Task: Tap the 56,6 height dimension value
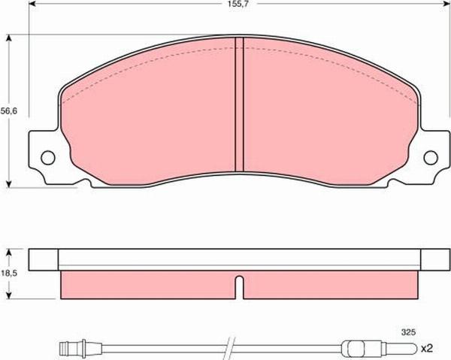(x=8, y=110)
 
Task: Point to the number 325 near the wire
(x=409, y=331)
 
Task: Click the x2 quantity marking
(x=427, y=348)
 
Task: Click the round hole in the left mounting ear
(x=47, y=159)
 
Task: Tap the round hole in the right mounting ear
(x=431, y=158)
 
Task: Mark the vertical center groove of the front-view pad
(x=240, y=105)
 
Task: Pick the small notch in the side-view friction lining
(x=239, y=286)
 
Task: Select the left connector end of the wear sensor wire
(x=72, y=347)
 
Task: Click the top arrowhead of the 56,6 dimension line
(x=9, y=36)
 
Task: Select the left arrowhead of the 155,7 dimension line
(x=32, y=14)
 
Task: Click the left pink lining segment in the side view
(x=147, y=284)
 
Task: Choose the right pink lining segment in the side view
(x=331, y=284)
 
